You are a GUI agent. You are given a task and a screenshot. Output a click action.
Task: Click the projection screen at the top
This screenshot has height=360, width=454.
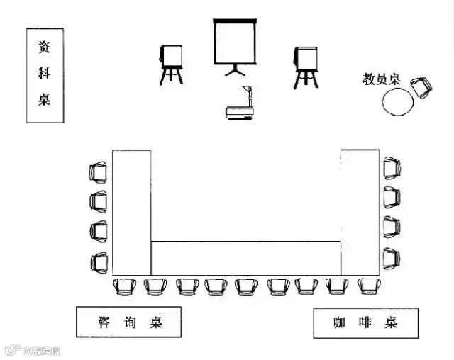233,42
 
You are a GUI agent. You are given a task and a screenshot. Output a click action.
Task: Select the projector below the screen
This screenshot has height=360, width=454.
238,112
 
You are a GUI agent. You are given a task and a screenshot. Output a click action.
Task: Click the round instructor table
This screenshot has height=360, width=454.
397,102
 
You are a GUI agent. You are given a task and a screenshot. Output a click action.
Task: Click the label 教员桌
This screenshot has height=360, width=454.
382,79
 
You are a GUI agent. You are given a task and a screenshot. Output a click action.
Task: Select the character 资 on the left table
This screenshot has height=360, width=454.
45,47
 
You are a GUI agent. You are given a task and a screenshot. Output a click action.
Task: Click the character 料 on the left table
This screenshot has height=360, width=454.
45,73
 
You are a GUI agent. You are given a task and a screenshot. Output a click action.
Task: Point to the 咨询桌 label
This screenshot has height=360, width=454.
129,322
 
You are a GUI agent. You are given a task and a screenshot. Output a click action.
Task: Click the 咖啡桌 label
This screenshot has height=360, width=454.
365,323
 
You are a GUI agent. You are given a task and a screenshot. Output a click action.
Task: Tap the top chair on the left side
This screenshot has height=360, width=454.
99,171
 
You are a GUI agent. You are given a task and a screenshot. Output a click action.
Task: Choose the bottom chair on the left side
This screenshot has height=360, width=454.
99,263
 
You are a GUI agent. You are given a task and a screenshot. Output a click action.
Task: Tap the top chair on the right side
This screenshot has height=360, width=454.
392,167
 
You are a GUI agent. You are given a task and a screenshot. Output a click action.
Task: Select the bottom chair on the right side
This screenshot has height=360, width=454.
392,257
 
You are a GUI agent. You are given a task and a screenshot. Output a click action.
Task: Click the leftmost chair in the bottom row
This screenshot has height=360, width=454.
125,286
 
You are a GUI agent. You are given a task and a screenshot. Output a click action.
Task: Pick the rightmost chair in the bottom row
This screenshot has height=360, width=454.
368,286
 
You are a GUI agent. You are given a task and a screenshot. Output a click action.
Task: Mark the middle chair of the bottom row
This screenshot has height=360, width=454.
246,286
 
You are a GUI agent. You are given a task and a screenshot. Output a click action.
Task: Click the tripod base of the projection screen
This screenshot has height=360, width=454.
233,69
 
